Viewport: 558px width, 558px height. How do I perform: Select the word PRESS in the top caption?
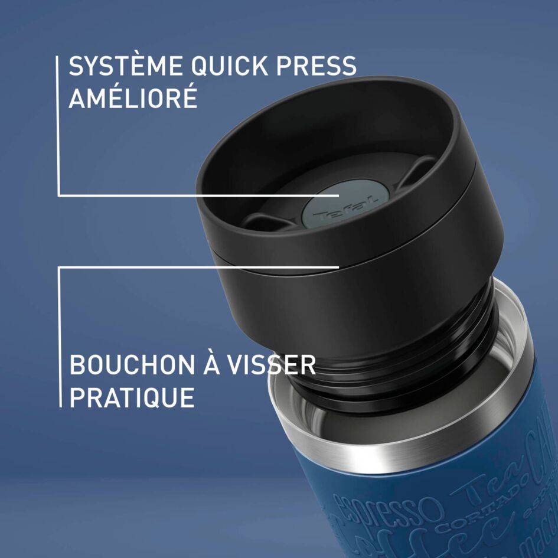319,66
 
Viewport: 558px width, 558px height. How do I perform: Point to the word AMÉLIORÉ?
133,98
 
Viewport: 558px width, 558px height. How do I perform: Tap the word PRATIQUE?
132,397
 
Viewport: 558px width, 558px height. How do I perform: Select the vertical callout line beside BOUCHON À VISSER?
60,337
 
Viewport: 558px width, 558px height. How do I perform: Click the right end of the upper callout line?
338,195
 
